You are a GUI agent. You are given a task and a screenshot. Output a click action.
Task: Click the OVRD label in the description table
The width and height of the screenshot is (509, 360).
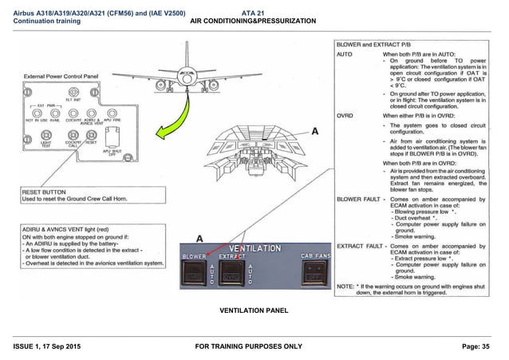[x=346, y=115]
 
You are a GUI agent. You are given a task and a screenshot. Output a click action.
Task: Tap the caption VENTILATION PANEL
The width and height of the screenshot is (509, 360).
[x=254, y=310]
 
